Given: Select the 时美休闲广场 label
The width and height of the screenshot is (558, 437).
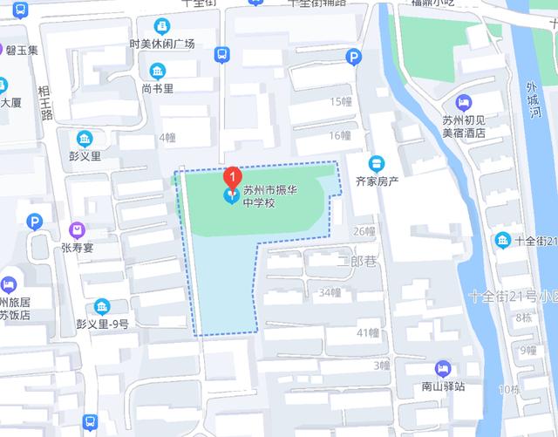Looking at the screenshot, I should tap(161, 44).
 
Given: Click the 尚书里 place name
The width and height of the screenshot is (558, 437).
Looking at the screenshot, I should tap(158, 88).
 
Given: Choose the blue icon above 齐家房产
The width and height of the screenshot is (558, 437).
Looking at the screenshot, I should tap(377, 163).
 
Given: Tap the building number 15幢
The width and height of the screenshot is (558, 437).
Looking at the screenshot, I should tap(339, 102).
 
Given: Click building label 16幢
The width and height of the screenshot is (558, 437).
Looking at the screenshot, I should tap(339, 135).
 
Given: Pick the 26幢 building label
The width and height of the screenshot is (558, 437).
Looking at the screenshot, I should tap(364, 231).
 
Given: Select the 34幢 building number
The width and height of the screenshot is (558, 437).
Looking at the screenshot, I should tap(330, 292).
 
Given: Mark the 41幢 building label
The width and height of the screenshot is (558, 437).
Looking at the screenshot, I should tap(367, 332).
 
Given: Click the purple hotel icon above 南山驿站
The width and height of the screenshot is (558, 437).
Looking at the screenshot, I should tap(442, 368).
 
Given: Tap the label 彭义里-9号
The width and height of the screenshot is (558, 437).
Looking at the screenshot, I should tap(103, 324).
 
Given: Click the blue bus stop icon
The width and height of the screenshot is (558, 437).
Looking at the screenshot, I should tap(221, 55).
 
